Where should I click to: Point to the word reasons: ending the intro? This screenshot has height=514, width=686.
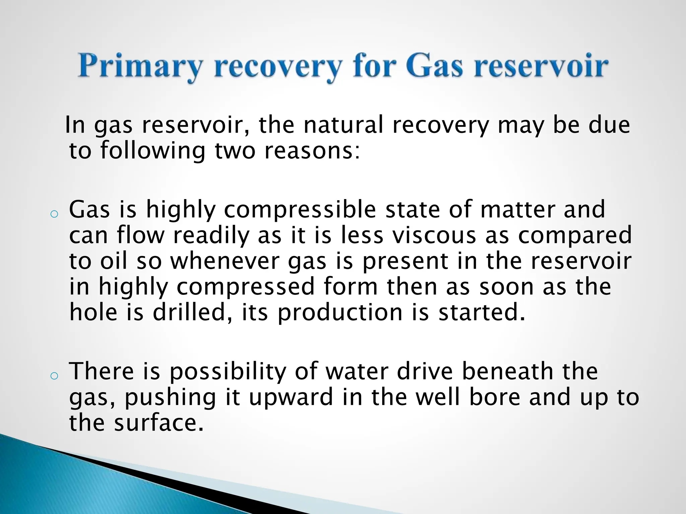[312, 151]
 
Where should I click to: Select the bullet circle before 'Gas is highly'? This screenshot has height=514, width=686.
[54, 215]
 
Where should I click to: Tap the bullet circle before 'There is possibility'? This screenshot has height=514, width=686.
[54, 376]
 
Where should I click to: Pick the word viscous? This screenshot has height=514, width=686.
[434, 235]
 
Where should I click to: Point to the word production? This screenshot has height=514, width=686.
[340, 313]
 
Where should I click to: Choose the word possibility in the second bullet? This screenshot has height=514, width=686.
[227, 372]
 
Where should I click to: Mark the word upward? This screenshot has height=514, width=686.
[291, 398]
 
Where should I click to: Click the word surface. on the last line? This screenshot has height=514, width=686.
[159, 423]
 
